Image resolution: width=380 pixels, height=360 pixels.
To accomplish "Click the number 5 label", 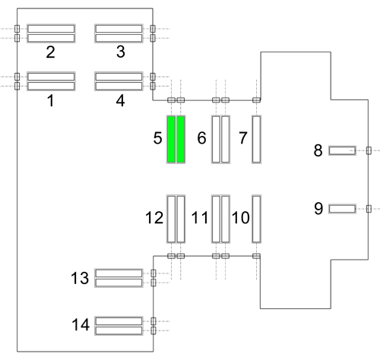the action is (x=157, y=138).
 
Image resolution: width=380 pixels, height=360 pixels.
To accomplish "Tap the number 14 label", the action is (x=81, y=324).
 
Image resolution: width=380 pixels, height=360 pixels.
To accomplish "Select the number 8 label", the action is (x=318, y=150).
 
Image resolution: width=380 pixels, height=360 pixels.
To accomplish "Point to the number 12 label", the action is (x=154, y=218).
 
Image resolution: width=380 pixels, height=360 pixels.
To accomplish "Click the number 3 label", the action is (x=121, y=52).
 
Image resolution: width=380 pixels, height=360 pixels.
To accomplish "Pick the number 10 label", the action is (x=241, y=218).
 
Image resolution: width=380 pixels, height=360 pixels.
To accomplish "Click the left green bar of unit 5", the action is (x=171, y=139).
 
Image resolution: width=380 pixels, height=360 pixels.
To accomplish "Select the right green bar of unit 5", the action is (x=181, y=139).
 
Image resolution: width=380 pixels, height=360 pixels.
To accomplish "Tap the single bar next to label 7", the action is (x=256, y=139).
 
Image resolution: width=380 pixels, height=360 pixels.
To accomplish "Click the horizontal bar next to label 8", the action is (x=342, y=150).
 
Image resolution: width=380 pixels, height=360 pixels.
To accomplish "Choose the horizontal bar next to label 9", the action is (x=342, y=209).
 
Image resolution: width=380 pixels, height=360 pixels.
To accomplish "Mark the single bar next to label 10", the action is (x=256, y=219).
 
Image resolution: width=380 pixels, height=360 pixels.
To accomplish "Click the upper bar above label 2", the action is (x=51, y=29).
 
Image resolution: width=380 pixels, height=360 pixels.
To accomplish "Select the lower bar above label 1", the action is (x=51, y=86).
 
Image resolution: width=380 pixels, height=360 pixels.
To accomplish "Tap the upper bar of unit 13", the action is (x=119, y=273).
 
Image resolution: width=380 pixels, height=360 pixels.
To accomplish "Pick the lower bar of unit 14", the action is (x=119, y=330).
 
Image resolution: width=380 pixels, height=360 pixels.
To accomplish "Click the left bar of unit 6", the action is (x=216, y=139).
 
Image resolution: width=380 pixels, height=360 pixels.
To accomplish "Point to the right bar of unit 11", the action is (x=226, y=219).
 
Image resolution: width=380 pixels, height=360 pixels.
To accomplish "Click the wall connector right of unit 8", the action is (x=369, y=150).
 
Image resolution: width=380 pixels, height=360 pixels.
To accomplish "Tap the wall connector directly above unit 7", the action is (x=256, y=100).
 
